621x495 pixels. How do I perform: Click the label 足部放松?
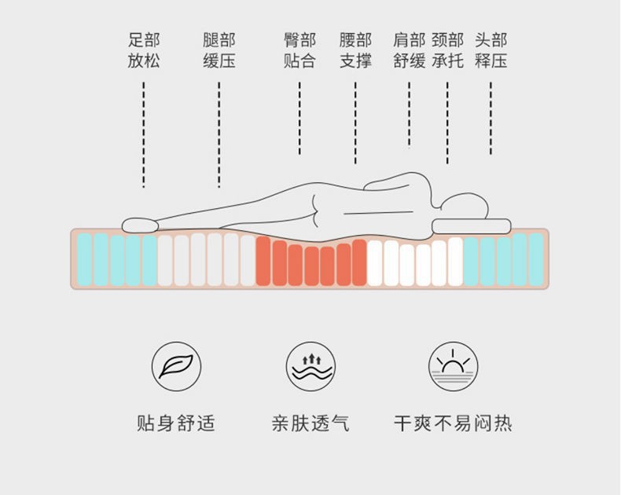coord(144,50)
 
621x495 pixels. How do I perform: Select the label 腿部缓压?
coord(219,50)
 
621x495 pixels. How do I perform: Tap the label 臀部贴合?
coord(299,50)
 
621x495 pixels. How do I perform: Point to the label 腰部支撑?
coord(355,50)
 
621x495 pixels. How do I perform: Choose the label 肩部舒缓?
coord(409,50)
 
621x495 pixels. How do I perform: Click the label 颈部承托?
coord(447,50)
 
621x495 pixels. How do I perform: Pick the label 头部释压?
coord(491,50)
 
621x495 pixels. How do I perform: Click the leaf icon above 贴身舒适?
coord(176,366)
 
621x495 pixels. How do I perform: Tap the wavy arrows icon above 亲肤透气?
coord(310,366)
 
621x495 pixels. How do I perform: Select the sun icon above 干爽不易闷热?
coord(454,366)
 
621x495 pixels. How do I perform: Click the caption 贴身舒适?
coord(176,423)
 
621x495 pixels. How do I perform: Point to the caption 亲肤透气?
coord(310,423)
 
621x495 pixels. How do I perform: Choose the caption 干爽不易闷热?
coord(453,423)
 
